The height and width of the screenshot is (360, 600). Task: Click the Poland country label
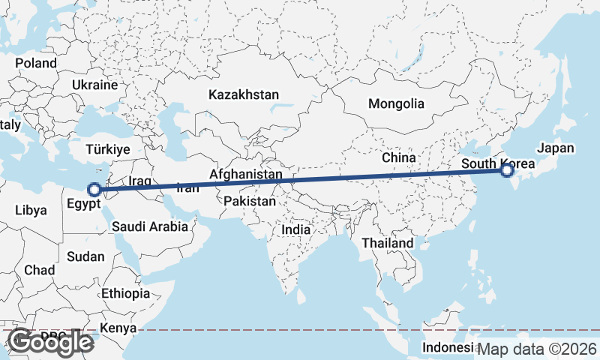[x=35, y=63]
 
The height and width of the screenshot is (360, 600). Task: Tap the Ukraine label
[x=95, y=85]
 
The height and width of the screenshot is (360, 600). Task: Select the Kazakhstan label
[x=244, y=95]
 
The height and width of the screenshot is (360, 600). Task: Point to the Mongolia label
[x=396, y=104]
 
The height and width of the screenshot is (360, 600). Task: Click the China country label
[x=398, y=158]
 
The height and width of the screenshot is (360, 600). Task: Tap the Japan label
[x=555, y=148]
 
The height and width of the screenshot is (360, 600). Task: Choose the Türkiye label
[x=109, y=149]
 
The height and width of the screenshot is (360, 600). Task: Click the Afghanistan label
[x=246, y=175]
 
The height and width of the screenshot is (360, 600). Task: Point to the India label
[x=296, y=230]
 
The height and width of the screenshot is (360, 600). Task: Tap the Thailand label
[x=387, y=243]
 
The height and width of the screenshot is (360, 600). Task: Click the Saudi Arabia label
[x=150, y=226]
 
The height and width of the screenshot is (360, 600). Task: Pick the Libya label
[x=30, y=210]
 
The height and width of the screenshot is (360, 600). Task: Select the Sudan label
[x=85, y=256]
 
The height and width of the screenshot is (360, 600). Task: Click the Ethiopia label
[x=125, y=293]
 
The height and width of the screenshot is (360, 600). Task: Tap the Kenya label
[x=118, y=328]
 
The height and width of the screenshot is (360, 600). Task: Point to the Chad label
[x=39, y=269]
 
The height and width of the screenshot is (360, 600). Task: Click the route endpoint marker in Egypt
[x=94, y=190]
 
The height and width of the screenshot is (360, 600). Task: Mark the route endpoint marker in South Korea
[x=507, y=171]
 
